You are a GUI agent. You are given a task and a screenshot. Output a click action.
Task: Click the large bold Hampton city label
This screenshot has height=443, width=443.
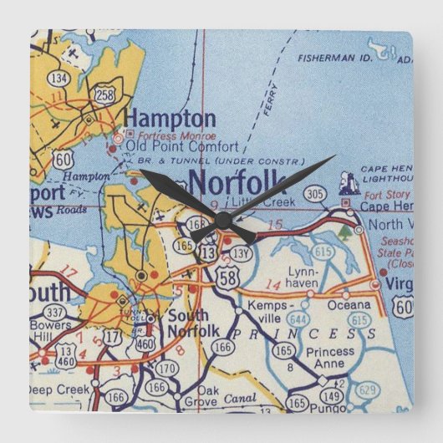coord(170,119)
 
